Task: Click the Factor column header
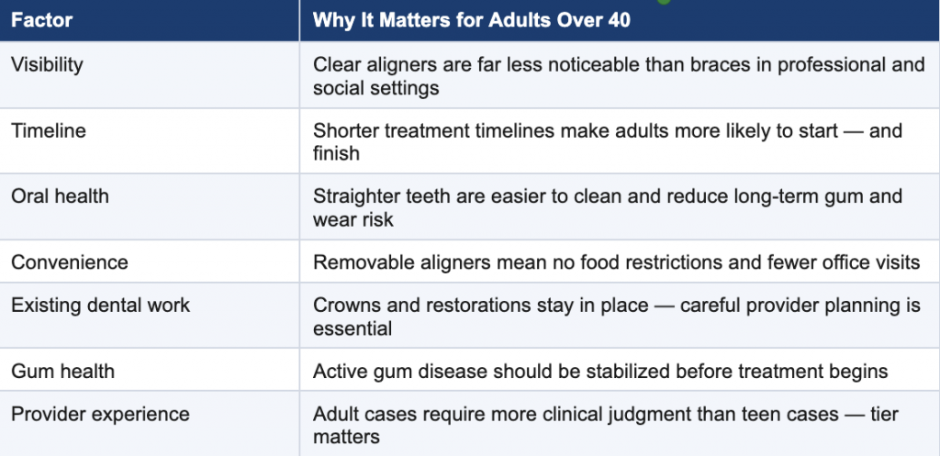coord(42,20)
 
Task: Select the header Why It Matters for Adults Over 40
coord(471,20)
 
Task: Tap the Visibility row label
coord(47,65)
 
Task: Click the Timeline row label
coord(49,130)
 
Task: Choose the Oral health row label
coord(60,196)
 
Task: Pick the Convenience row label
coord(70,262)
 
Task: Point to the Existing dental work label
coord(101,305)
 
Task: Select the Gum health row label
coord(62,371)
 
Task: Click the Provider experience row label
coord(100,414)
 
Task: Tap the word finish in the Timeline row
coord(336,153)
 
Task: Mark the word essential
coord(352,328)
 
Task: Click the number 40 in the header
coord(620,20)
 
